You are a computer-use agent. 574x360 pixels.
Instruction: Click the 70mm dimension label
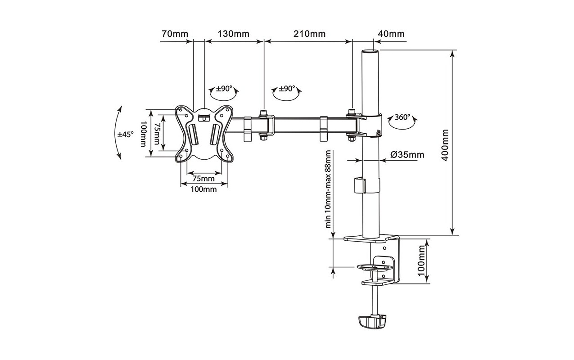pos(175,34)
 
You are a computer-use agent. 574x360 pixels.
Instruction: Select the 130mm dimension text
pos(233,34)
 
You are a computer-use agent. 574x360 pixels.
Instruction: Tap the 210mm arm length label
pos(309,34)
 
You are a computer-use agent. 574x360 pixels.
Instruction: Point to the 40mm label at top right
pos(391,34)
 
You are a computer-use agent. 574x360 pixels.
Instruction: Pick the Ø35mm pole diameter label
pos(407,155)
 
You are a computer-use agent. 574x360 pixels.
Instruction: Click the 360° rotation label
pos(402,117)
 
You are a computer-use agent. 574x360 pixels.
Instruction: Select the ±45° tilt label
pos(125,134)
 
